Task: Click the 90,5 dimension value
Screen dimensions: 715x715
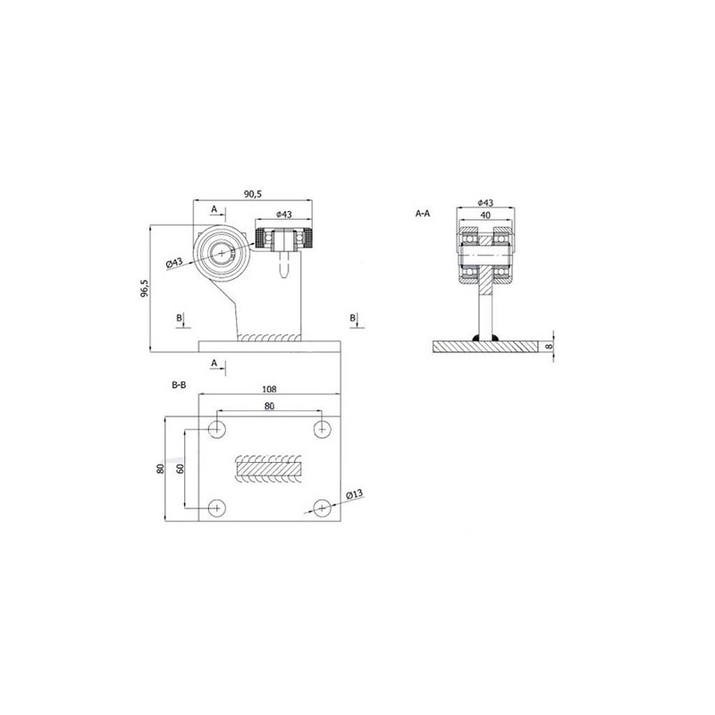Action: (x=253, y=194)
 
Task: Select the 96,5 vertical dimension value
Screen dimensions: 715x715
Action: (x=144, y=289)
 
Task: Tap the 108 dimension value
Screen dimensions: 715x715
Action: (x=270, y=389)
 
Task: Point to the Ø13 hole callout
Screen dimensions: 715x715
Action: (x=354, y=494)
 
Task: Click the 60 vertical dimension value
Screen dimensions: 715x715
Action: (x=181, y=468)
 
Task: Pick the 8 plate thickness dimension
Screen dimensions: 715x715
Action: (x=549, y=347)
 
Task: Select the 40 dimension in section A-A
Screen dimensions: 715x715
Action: (x=485, y=214)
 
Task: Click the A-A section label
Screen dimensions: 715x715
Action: (x=423, y=213)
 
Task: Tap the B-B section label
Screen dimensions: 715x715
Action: (x=179, y=385)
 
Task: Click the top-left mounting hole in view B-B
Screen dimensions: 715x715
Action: (x=217, y=429)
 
